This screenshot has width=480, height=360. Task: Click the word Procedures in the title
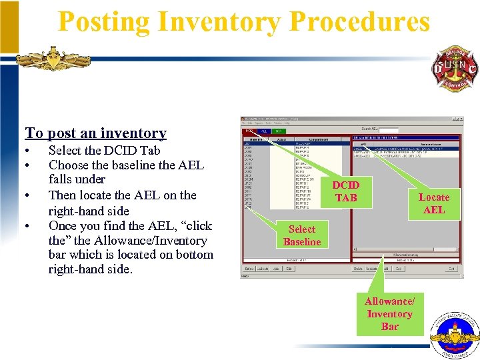360,22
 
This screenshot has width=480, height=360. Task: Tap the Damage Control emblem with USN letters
455,69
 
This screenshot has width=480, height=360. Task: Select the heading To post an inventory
95,133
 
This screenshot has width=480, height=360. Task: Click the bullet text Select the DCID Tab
104,150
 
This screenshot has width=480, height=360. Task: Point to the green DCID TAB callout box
346,191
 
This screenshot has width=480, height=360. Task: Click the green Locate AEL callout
434,203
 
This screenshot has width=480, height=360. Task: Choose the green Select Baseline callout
302,235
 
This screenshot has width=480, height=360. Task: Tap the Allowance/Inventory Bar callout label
389,313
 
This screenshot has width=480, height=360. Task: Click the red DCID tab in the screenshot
249,131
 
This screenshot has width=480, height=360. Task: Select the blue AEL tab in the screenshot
265,131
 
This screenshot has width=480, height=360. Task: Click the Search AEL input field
389,129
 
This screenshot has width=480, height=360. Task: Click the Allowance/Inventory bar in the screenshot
405,255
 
